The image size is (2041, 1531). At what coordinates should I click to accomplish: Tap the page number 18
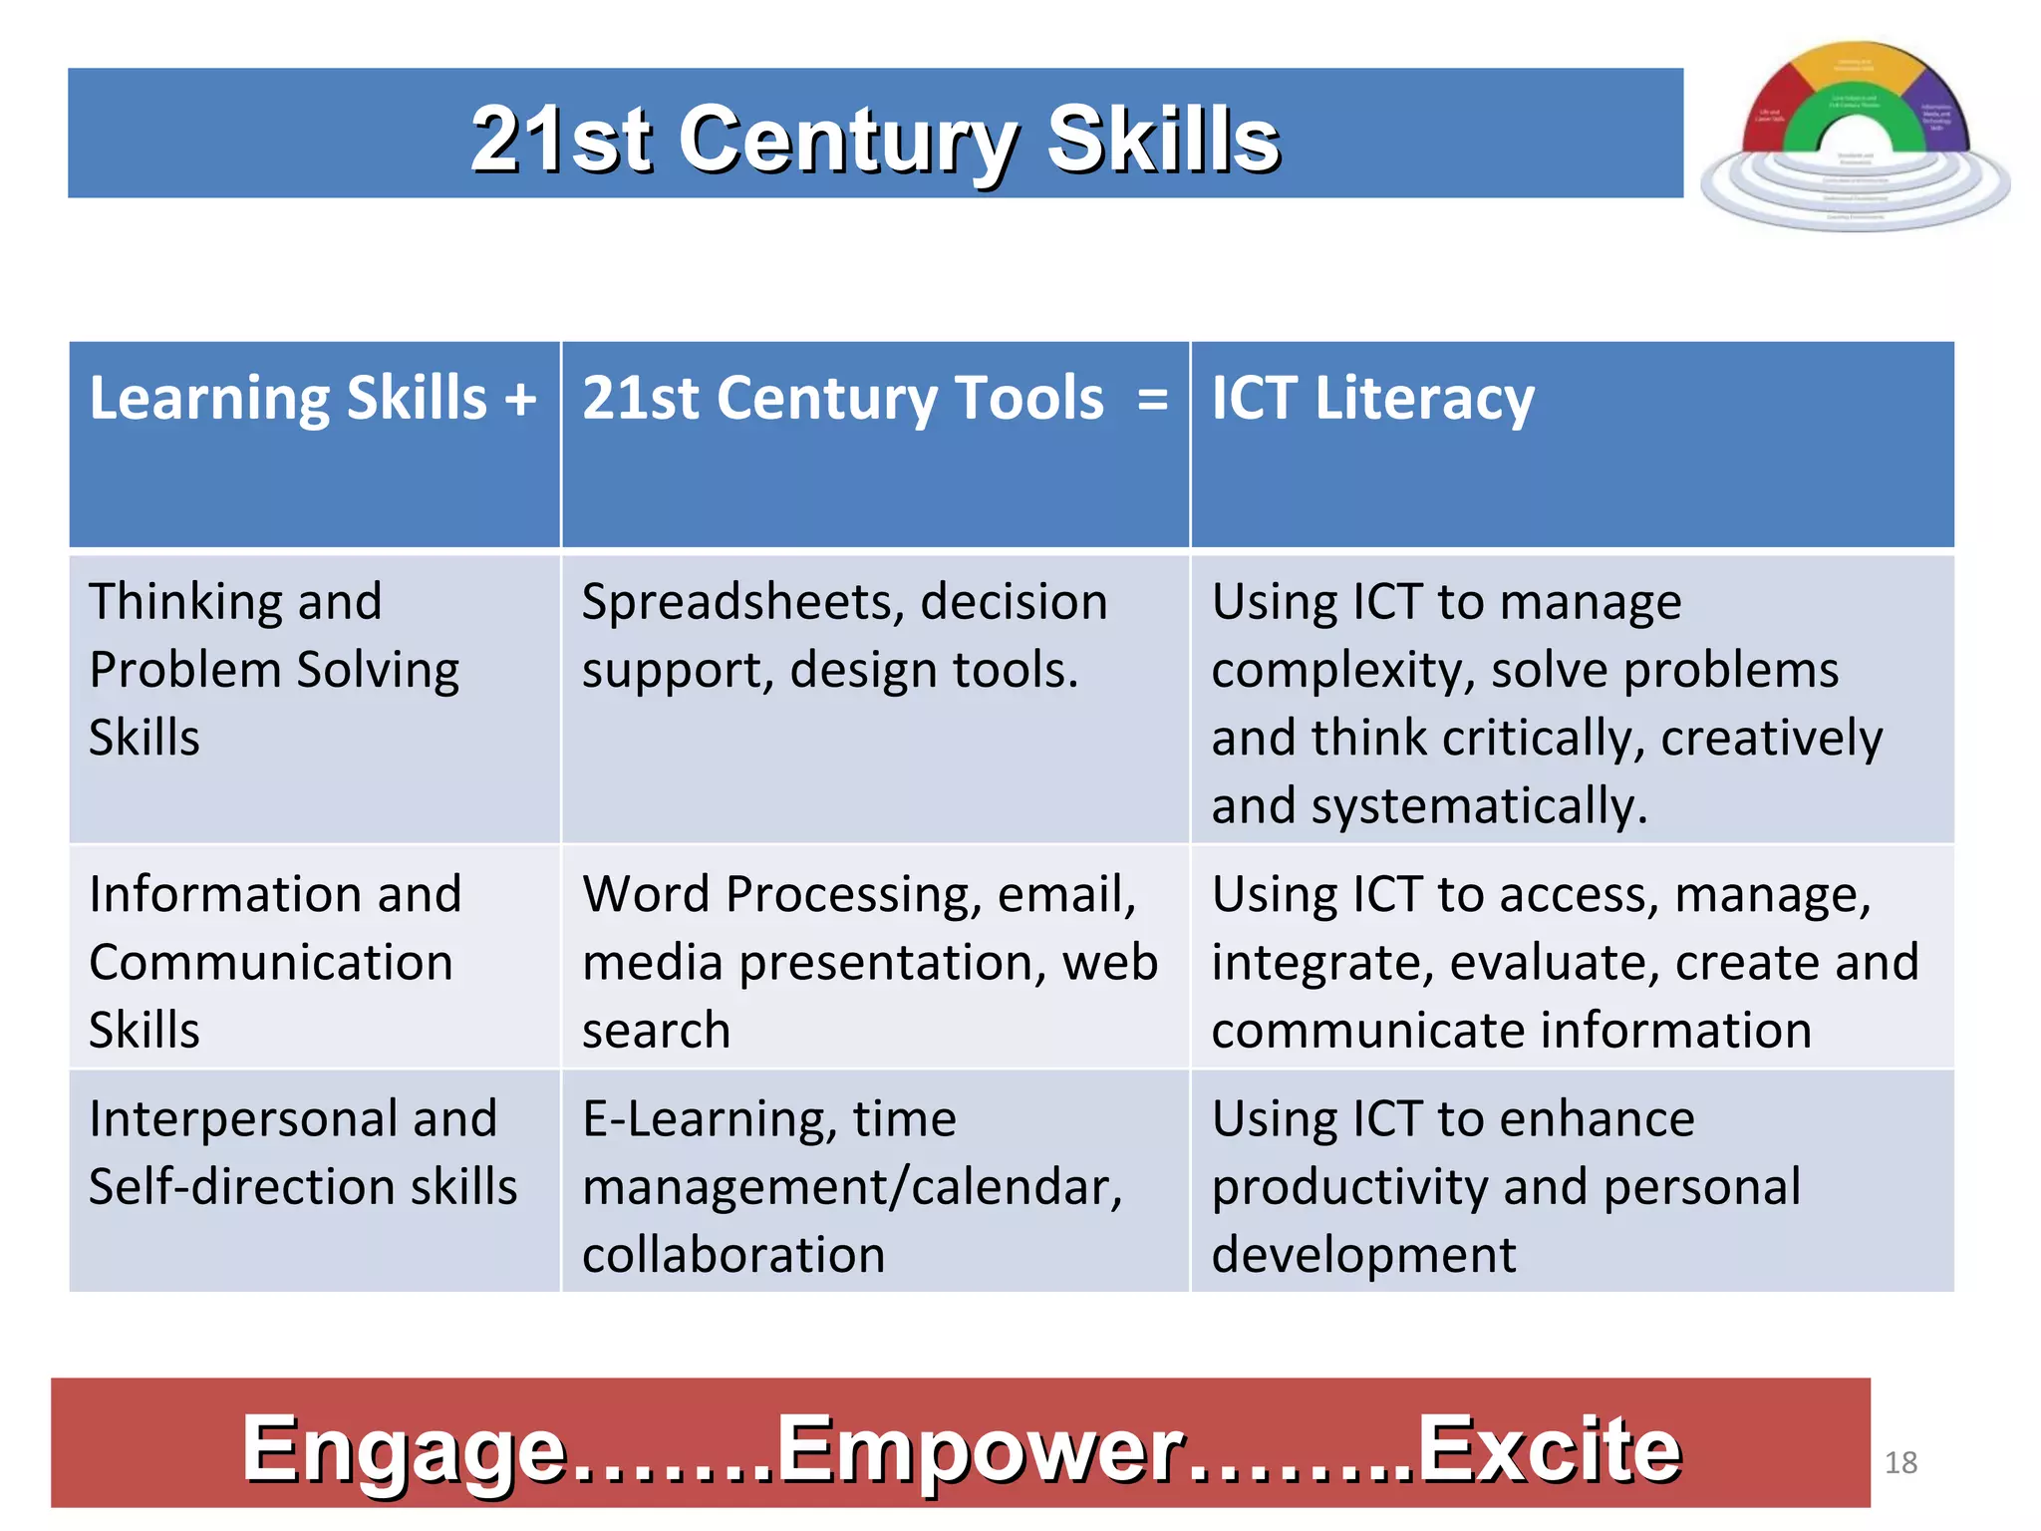tap(1900, 1462)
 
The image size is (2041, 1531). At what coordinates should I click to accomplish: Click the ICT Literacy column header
tap(1372, 398)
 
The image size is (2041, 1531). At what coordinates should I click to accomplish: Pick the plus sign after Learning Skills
tap(520, 399)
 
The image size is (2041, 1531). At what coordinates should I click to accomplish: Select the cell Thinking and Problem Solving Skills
tap(274, 669)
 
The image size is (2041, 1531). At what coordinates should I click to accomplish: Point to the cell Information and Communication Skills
tap(274, 961)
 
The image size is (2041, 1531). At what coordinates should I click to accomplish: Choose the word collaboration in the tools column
tap(733, 1254)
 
